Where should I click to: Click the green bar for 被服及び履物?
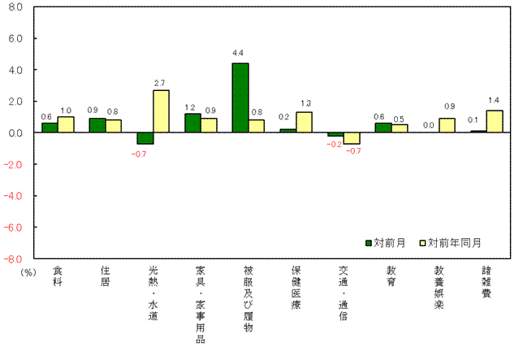coord(240,98)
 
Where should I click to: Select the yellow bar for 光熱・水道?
coord(161,111)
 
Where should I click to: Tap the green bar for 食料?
coord(50,128)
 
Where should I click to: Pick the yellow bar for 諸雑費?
coord(494,121)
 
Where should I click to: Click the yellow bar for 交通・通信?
coord(351,138)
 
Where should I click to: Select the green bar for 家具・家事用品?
coord(192,123)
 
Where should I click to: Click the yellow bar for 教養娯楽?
coord(447,125)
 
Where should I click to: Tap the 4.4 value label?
coord(239,54)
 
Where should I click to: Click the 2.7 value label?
coord(160,82)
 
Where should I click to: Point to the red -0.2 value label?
coord(334,145)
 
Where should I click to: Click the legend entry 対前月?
coord(388,242)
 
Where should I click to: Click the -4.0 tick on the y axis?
coord(17,196)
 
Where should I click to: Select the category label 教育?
coord(391,276)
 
